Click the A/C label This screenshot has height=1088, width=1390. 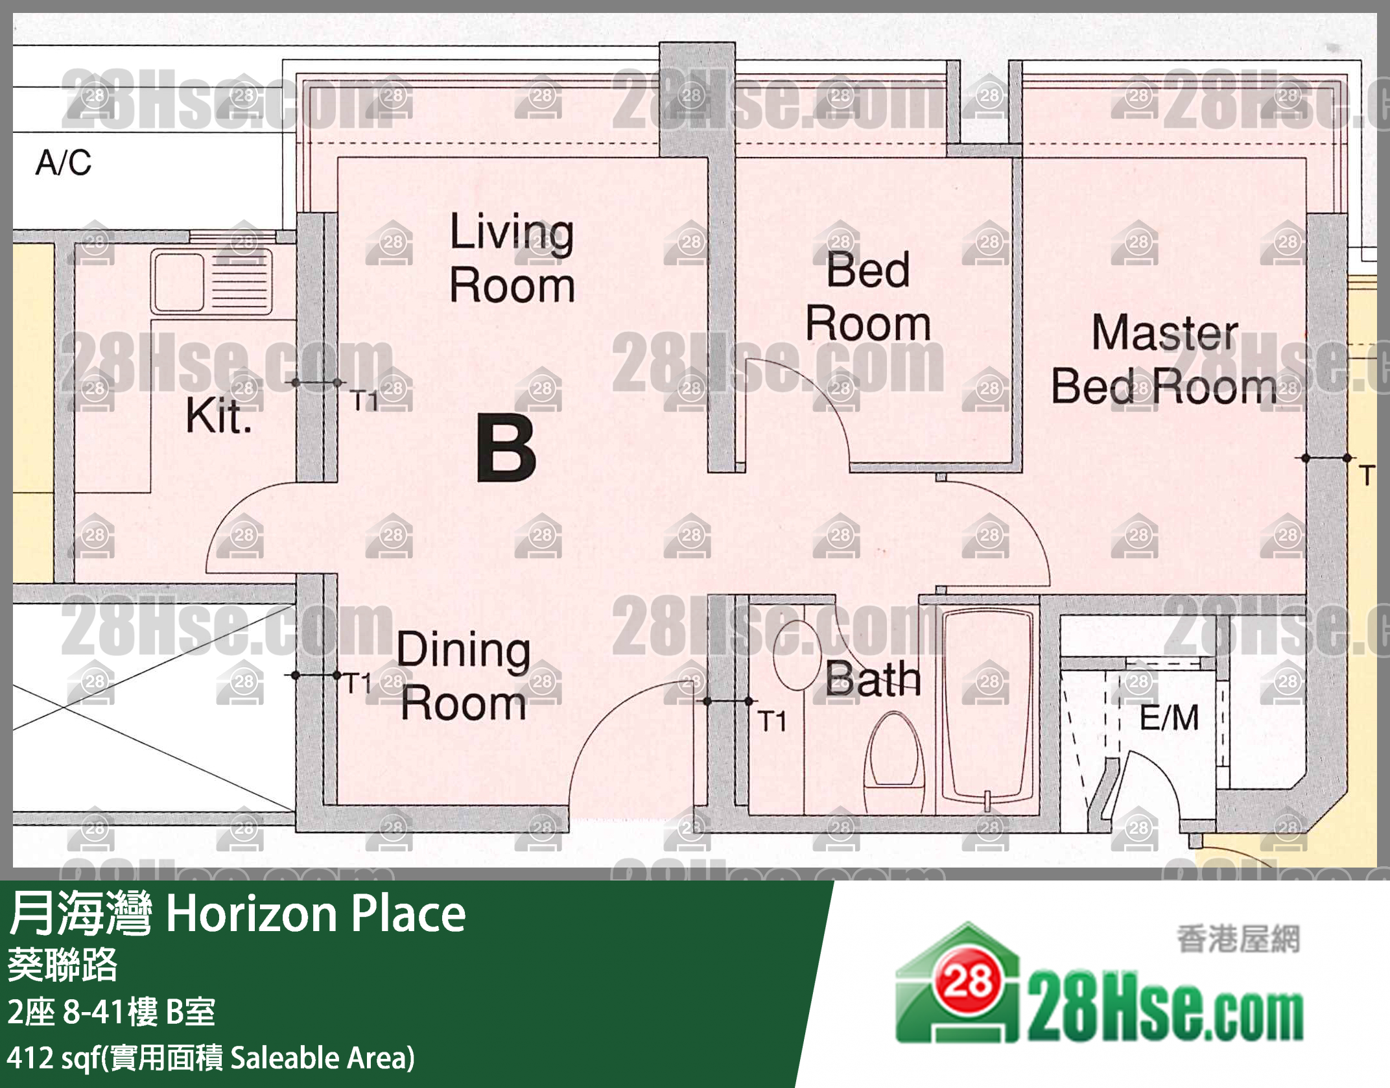click(64, 162)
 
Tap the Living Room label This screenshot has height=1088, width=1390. click(512, 258)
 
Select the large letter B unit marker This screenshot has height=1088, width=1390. click(506, 447)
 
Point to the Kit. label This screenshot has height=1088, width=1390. click(218, 416)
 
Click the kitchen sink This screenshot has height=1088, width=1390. click(211, 283)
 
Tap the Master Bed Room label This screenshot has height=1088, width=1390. click(1164, 359)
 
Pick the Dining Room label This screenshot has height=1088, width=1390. click(464, 676)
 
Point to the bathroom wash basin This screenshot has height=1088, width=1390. click(797, 655)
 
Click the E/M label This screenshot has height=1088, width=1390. click(1169, 718)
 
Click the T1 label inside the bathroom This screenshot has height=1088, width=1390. click(772, 721)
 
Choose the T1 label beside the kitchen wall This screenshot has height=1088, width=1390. click(364, 401)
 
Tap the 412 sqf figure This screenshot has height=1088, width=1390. click(49, 1057)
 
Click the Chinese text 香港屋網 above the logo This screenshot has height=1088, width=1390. click(1238, 940)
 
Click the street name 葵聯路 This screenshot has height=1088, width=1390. click(62, 965)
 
